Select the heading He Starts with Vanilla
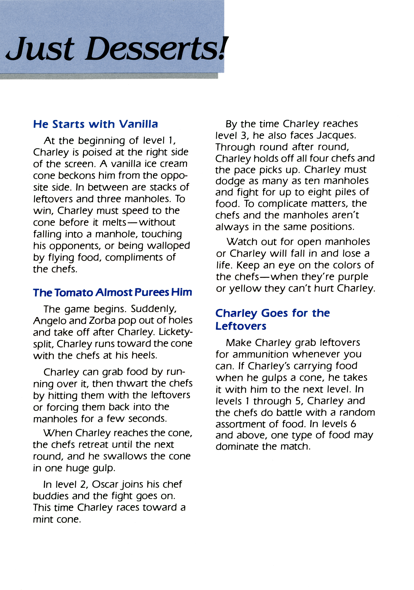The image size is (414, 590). pos(95,124)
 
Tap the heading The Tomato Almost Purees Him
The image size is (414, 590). pos(112,292)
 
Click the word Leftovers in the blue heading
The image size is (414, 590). pos(241,326)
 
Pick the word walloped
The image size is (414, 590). pos(168,246)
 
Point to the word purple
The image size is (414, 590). pos(353,277)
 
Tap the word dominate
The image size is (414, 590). pos(237,447)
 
